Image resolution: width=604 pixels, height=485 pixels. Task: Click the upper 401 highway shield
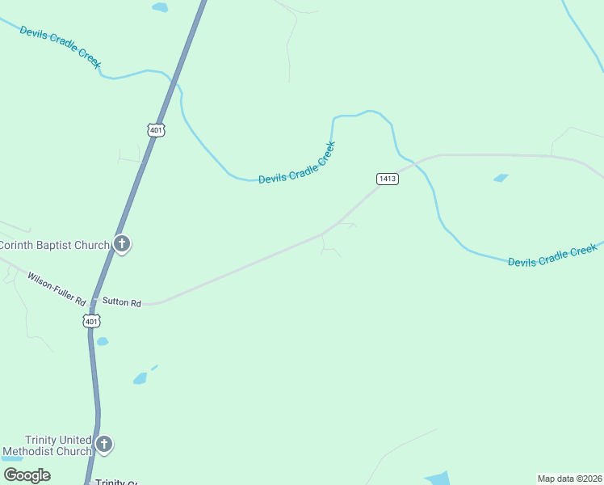[x=156, y=129]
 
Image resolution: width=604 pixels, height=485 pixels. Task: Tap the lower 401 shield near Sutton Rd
[x=92, y=322]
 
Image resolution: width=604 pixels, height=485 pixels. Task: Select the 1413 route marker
[x=387, y=179]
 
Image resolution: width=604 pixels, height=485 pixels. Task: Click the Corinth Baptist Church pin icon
[x=122, y=243]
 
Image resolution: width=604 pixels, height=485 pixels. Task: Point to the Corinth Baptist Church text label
[x=55, y=245]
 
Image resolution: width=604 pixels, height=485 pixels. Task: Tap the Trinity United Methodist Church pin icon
[x=104, y=444]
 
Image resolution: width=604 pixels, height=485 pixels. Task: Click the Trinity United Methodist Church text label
[x=47, y=445]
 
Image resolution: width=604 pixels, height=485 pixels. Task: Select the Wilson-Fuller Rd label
[x=57, y=289]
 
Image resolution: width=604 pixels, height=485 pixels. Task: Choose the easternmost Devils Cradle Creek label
[x=552, y=256]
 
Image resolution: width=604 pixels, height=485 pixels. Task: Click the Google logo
[x=27, y=475]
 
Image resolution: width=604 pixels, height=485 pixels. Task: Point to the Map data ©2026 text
[x=569, y=479]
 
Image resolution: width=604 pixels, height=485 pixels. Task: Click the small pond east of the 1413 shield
[x=501, y=178]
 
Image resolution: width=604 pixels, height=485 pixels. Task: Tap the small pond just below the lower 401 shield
[x=103, y=341]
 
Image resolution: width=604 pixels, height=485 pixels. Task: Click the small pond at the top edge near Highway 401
[x=160, y=7]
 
